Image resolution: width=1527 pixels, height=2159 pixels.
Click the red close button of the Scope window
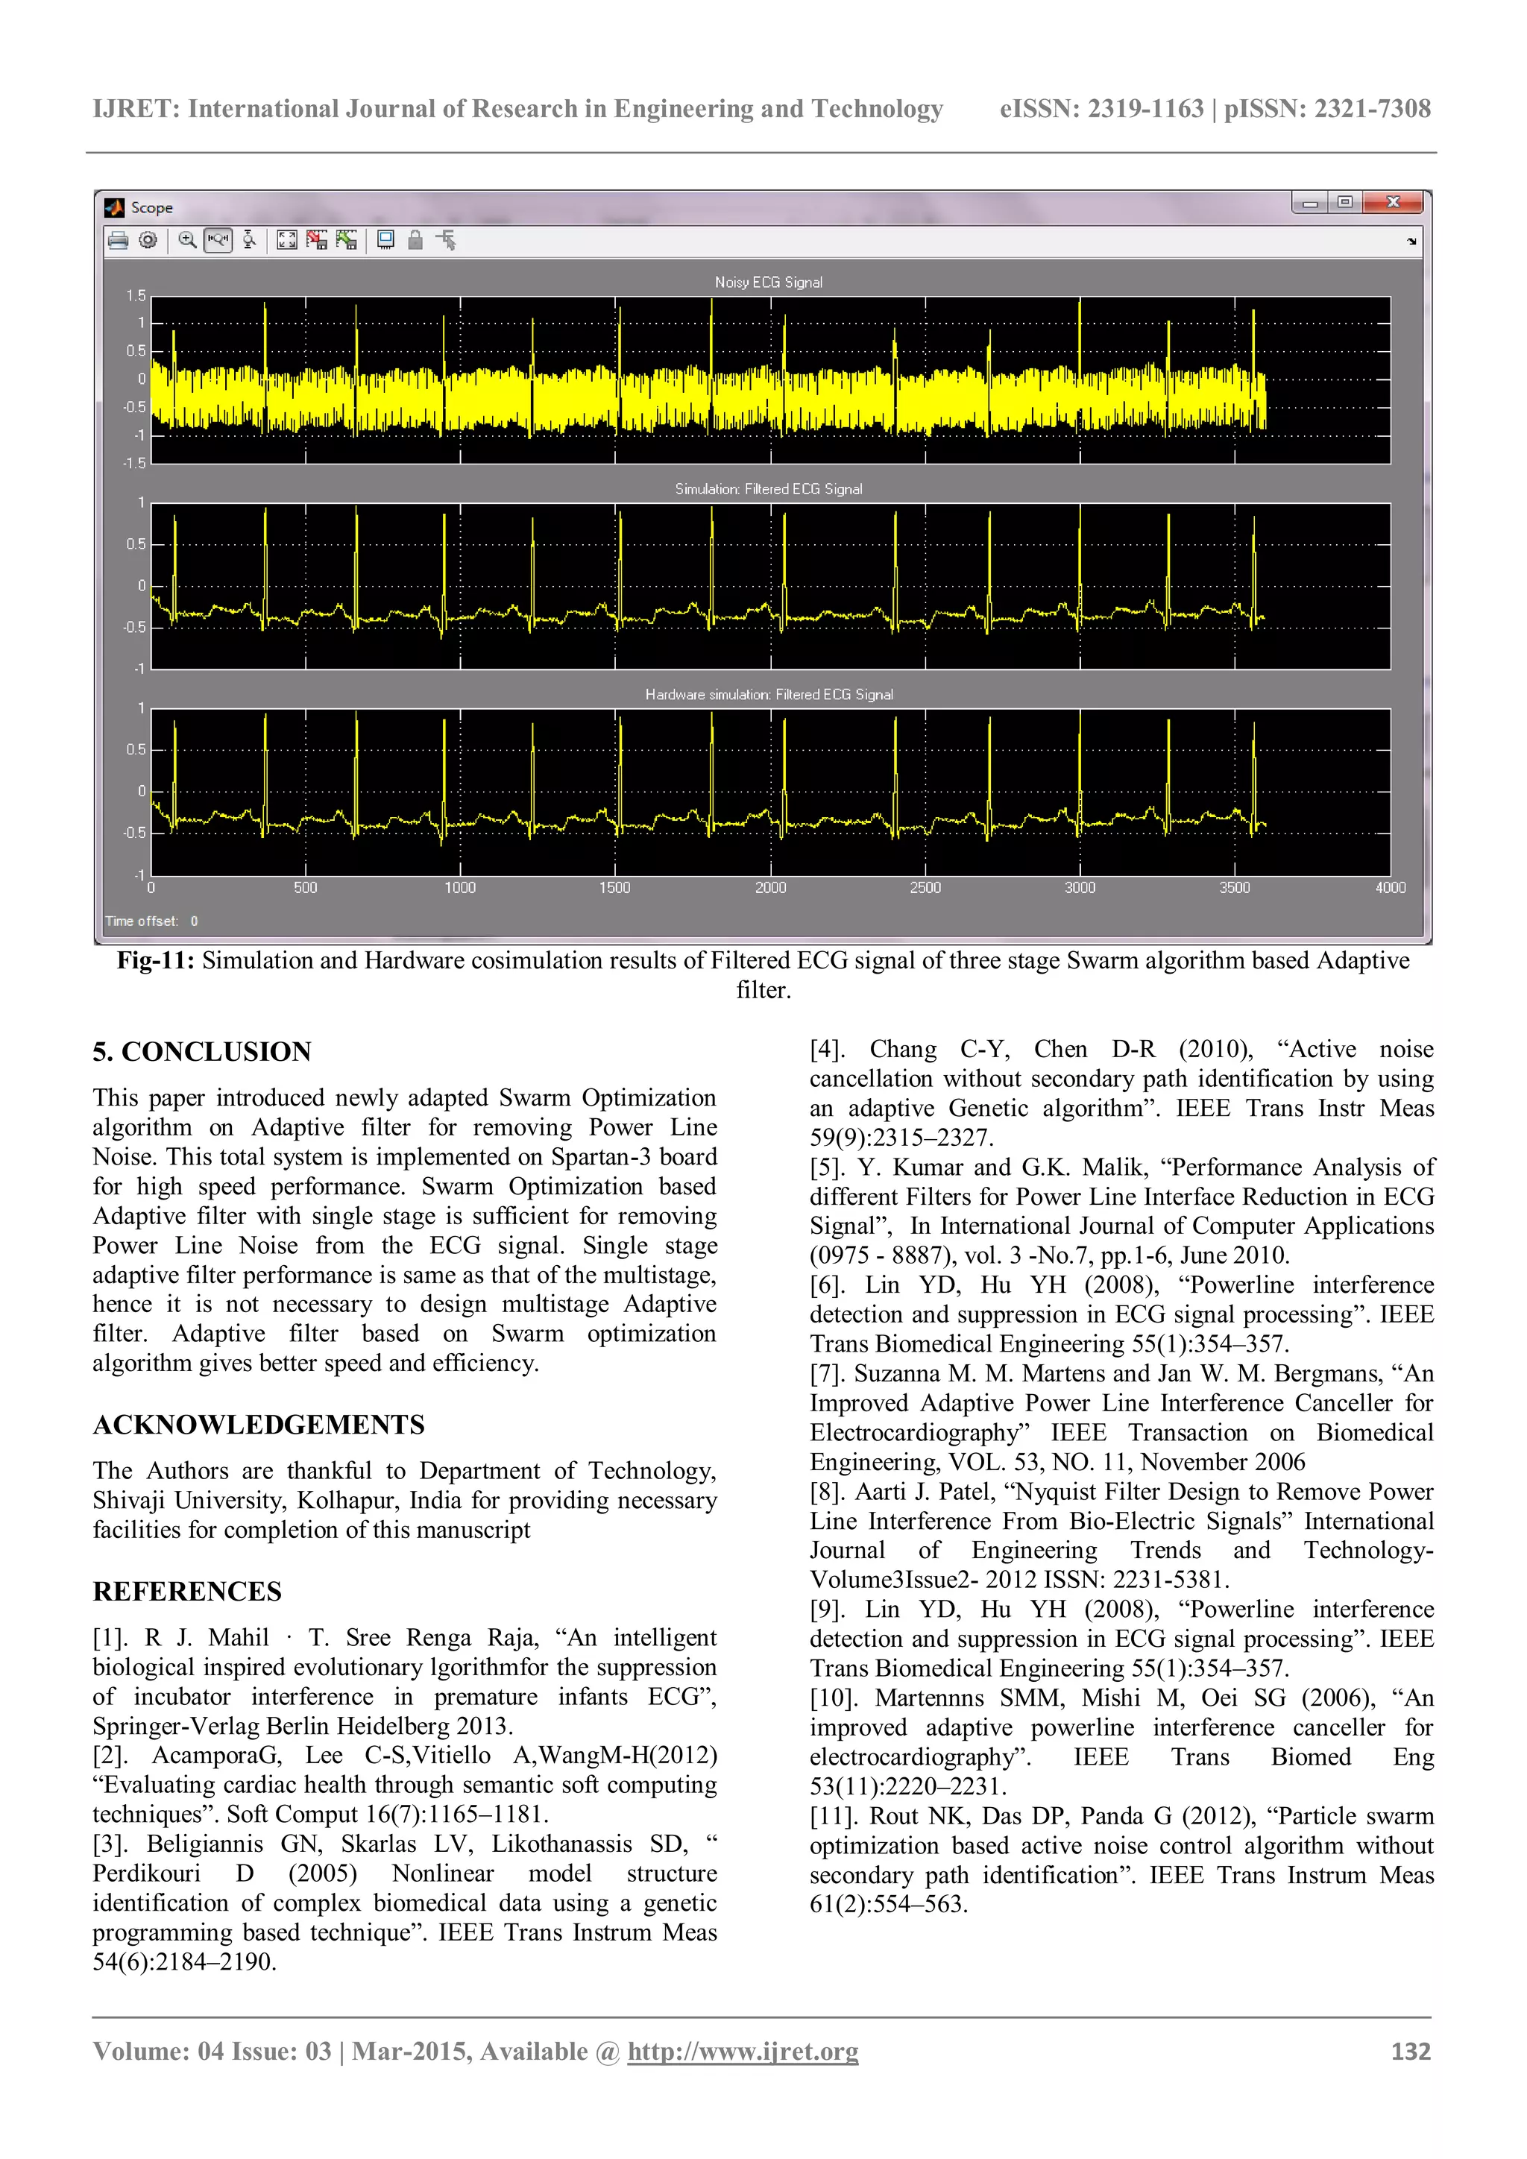pyautogui.click(x=1394, y=202)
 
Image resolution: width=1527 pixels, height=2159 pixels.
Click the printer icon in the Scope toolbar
pyautogui.click(x=118, y=241)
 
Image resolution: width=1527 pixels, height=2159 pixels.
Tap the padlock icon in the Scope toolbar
pyautogui.click(x=415, y=241)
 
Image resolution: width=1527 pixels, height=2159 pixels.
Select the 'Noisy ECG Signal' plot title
pyautogui.click(x=767, y=282)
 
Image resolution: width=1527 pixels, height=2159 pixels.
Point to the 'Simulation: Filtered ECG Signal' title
pyautogui.click(x=768, y=489)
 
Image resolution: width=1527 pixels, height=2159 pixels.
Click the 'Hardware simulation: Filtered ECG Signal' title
pyautogui.click(x=768, y=694)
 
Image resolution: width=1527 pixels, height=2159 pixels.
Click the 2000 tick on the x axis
pyautogui.click(x=770, y=888)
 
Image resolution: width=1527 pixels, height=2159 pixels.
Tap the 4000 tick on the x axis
pyautogui.click(x=1390, y=888)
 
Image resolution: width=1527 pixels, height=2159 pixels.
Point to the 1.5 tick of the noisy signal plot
pyautogui.click(x=136, y=296)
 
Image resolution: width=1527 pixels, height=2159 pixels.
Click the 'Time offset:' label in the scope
pyautogui.click(x=141, y=921)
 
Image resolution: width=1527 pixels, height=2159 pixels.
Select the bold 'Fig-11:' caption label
pyautogui.click(x=155, y=960)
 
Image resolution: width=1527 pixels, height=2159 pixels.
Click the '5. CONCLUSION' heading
pyautogui.click(x=201, y=1051)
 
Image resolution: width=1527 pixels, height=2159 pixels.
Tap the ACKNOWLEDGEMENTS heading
pyautogui.click(x=259, y=1425)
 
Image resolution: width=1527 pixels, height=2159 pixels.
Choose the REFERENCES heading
pyautogui.click(x=187, y=1591)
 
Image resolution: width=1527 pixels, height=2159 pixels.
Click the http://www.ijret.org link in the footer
pyautogui.click(x=743, y=2051)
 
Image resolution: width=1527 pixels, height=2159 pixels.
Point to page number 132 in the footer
pyautogui.click(x=1411, y=2051)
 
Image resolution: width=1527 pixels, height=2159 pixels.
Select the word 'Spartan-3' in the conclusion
pyautogui.click(x=601, y=1156)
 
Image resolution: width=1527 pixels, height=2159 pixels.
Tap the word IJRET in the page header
pyautogui.click(x=136, y=109)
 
